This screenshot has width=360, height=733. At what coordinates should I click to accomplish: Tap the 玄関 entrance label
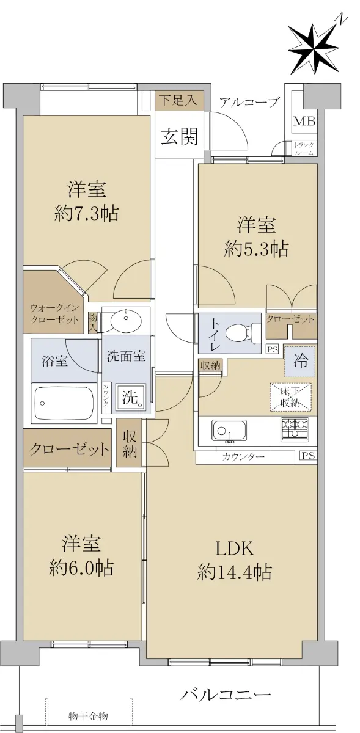point(180,136)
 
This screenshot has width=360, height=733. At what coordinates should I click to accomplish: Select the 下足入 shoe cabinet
point(179,101)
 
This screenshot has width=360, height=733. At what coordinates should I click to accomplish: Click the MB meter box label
point(304,122)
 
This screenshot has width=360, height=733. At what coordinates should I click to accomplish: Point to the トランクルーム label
point(304,149)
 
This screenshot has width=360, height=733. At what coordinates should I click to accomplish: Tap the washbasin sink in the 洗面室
point(126,321)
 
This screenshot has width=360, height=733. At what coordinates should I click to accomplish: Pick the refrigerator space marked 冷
point(299,361)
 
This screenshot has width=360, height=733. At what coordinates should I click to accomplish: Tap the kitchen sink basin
point(229,431)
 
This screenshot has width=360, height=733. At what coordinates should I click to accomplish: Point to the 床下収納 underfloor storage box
point(290,396)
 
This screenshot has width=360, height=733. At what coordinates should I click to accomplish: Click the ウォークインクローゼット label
point(54,314)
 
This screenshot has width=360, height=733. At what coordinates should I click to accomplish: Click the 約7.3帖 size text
point(86,214)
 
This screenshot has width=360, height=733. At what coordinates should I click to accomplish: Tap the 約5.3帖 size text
point(257,249)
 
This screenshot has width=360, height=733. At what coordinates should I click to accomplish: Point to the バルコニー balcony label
point(226,693)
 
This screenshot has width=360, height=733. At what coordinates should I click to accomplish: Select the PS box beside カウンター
point(309,456)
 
